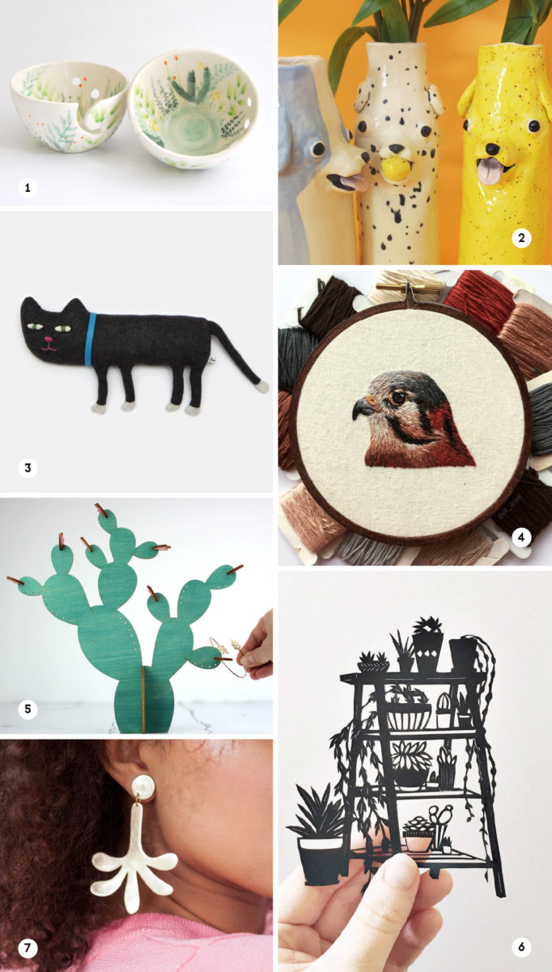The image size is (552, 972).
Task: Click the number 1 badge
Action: tap(28, 188)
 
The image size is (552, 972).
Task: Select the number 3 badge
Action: tap(28, 467)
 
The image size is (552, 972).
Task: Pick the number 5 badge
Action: tap(28, 709)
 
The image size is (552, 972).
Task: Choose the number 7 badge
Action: tap(28, 947)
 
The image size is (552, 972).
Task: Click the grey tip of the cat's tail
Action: tap(261, 387)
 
